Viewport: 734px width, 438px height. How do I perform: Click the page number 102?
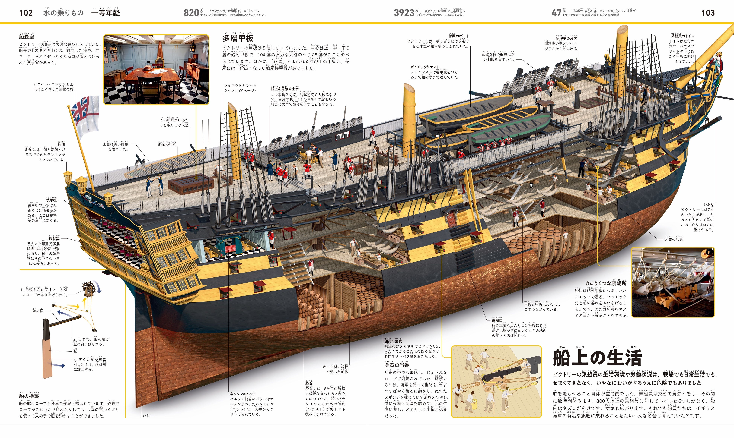tap(26, 13)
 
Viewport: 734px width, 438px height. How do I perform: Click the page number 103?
tap(708, 13)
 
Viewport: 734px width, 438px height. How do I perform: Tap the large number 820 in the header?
tap(191, 13)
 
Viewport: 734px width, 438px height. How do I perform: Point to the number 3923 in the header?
tap(404, 13)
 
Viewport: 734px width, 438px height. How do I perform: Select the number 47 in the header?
tap(556, 13)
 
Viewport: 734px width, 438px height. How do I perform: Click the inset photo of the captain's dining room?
tap(156, 69)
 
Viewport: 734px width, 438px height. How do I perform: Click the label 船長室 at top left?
tap(27, 37)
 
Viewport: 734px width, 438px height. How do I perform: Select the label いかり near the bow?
tap(708, 204)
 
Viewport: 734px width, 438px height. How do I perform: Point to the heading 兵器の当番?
tap(397, 365)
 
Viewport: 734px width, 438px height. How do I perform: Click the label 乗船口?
tap(497, 320)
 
